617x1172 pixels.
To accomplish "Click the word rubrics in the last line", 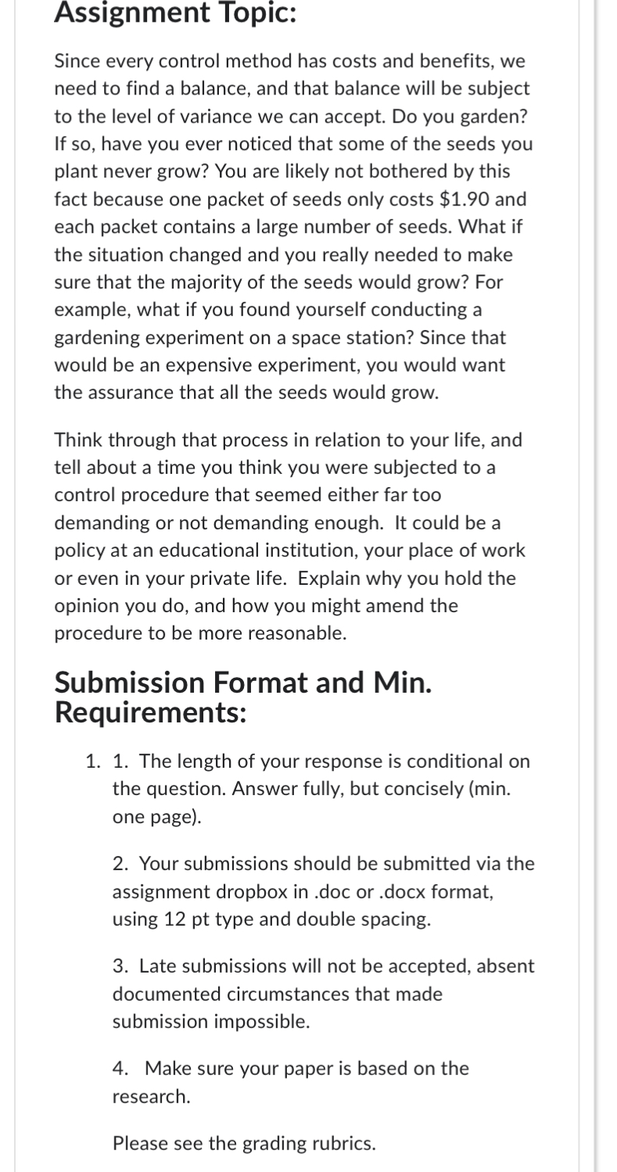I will coord(341,1143).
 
